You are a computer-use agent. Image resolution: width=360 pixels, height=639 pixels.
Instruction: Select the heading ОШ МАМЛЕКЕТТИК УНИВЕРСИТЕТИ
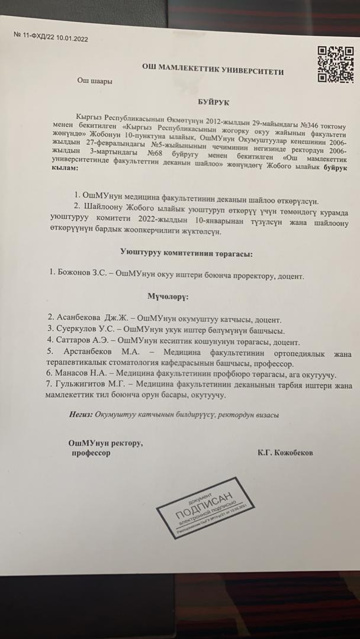point(213,72)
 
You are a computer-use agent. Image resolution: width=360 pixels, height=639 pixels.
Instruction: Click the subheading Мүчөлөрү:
point(168,295)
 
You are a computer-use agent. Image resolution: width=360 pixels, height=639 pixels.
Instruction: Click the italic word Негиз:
point(80,415)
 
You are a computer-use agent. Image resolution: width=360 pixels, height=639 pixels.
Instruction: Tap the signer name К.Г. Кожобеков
point(285,453)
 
